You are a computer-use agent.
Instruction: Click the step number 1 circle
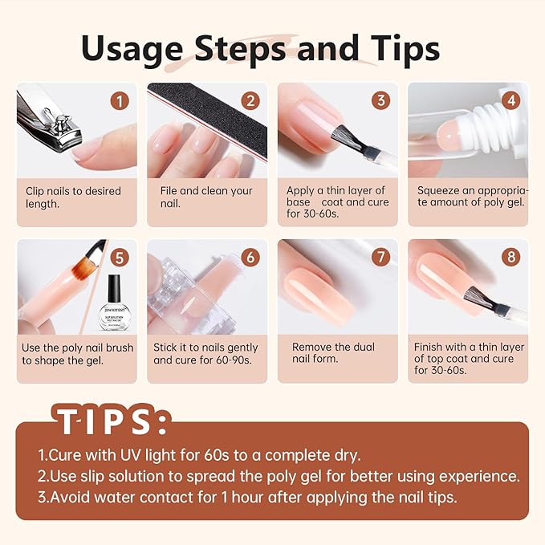click(120, 101)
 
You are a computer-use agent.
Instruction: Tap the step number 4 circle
click(510, 101)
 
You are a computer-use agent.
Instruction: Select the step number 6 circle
click(250, 258)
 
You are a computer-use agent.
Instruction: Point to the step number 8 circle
click(510, 258)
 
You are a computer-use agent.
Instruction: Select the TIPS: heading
click(112, 420)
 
